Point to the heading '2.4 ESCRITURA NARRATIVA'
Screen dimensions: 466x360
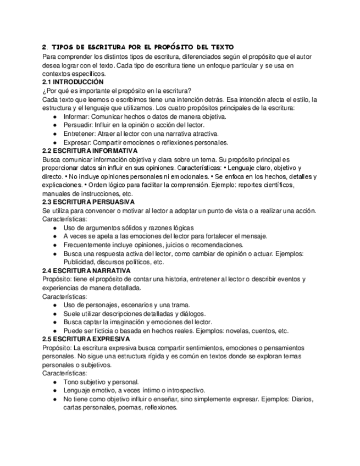click(86, 271)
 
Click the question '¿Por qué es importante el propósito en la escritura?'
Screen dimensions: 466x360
click(117, 91)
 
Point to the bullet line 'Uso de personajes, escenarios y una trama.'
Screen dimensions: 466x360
click(127, 305)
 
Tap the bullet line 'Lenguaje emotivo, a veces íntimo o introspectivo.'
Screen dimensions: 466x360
click(136, 391)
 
